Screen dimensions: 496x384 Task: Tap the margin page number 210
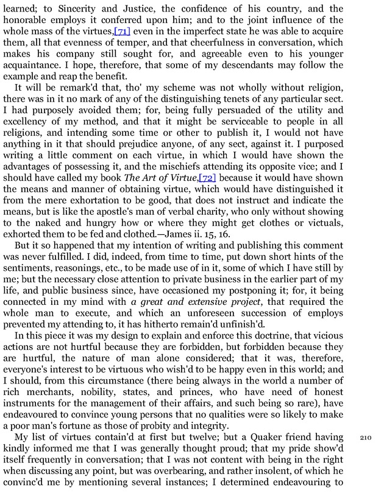(366, 438)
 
